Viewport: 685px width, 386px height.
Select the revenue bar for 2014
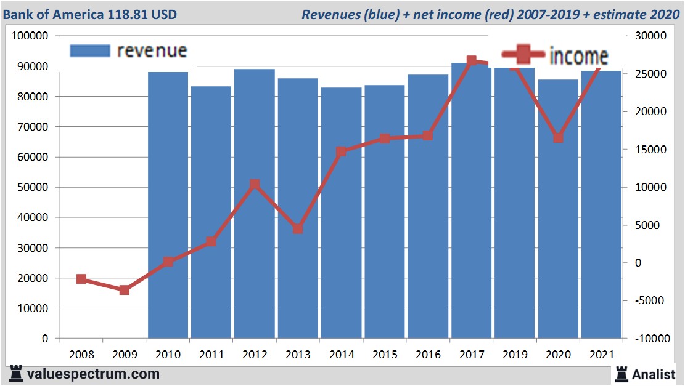341,212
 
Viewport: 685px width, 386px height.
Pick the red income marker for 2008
81,279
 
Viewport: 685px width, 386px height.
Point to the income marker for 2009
125,290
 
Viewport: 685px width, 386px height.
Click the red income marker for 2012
255,184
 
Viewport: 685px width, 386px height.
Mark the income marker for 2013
298,228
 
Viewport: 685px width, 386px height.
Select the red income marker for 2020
558,138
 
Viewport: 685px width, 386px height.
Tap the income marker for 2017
472,61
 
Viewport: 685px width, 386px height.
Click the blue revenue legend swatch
90,50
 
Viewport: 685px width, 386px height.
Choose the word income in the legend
578,56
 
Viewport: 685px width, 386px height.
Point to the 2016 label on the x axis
428,355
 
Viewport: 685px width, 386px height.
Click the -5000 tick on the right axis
647,300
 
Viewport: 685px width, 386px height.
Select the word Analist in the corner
654,374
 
